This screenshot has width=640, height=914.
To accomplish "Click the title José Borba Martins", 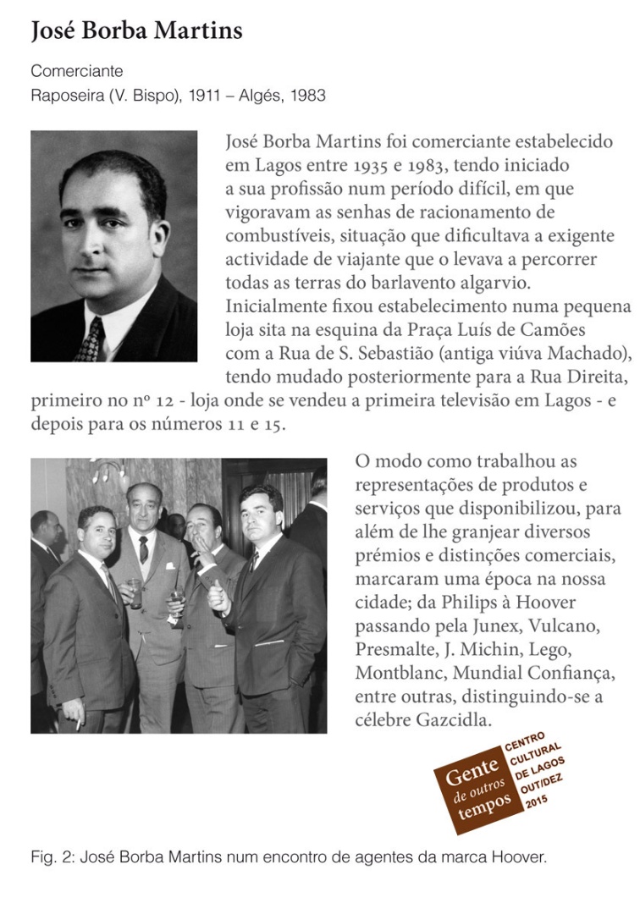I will tap(136, 32).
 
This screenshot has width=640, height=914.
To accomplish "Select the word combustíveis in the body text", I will tap(274, 234).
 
